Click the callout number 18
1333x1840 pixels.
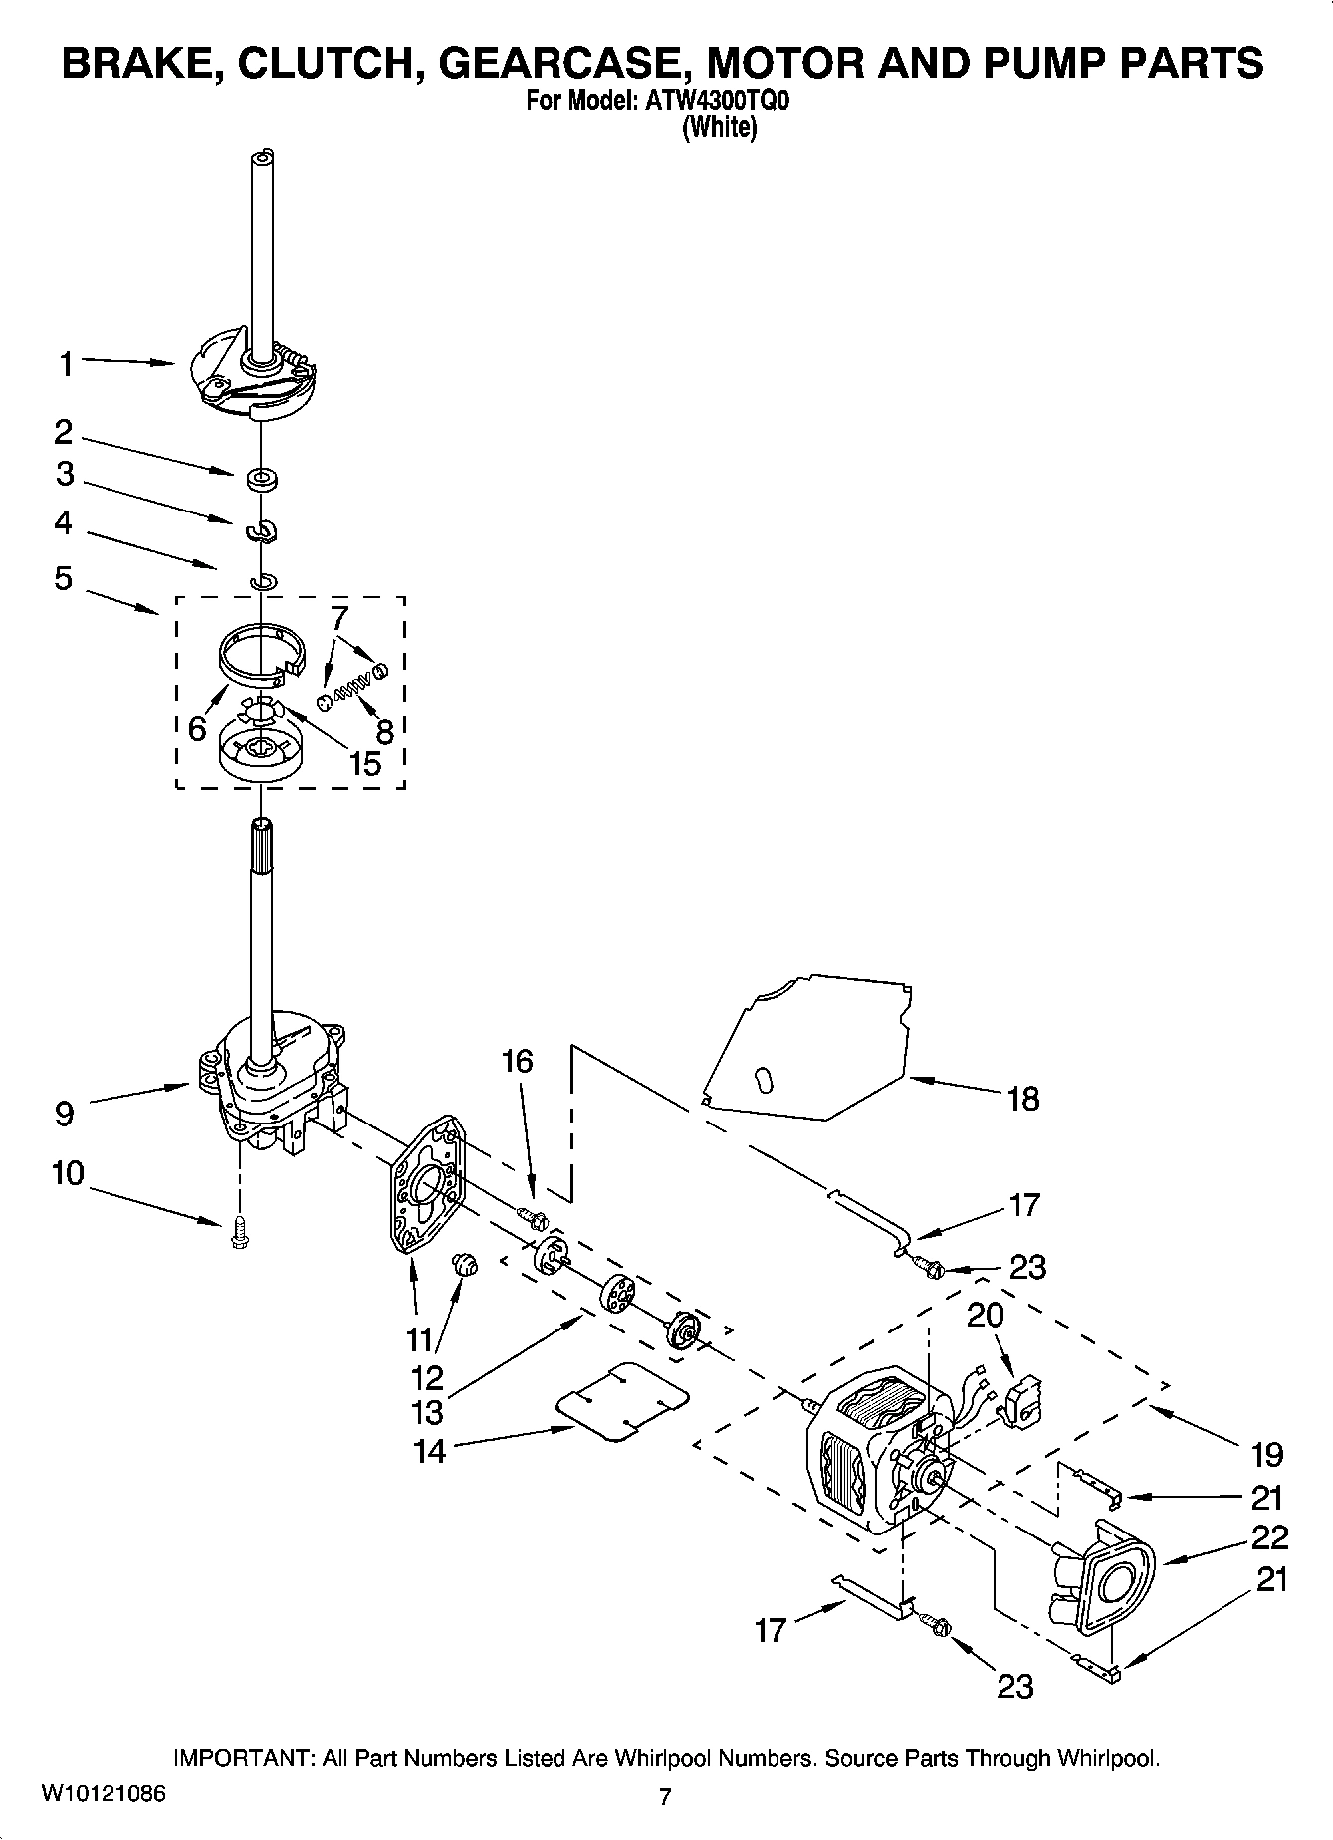(1022, 1099)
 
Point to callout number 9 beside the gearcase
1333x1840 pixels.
(64, 1113)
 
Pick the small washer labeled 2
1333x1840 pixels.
(262, 479)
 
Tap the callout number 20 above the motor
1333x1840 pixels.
(985, 1315)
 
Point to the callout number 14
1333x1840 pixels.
(429, 1451)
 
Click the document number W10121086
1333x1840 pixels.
(103, 1795)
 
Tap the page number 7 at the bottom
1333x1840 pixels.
(665, 1796)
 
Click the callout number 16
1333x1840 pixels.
(517, 1061)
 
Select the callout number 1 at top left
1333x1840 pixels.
(66, 365)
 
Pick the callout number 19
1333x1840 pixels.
(1266, 1454)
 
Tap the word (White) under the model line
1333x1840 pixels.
(718, 128)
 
